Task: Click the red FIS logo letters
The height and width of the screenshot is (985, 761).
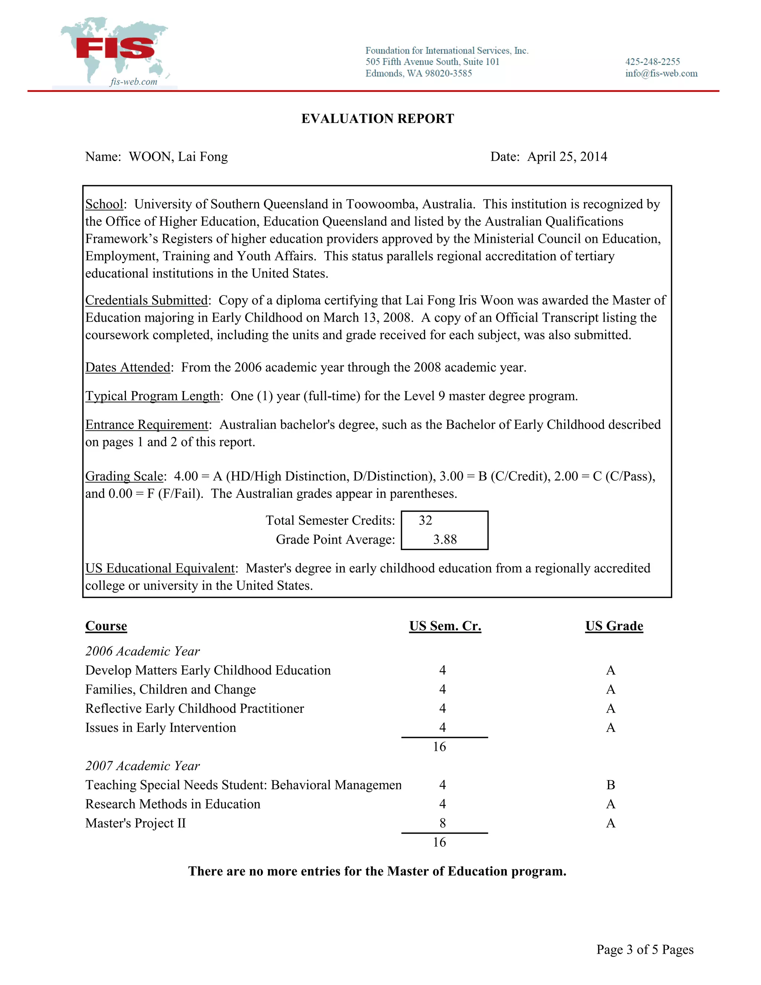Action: click(115, 49)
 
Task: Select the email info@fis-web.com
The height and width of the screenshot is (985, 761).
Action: click(661, 74)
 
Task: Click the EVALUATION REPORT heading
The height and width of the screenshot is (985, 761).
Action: click(378, 119)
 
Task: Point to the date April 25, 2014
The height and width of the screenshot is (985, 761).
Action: click(567, 156)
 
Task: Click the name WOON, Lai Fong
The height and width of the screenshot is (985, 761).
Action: click(178, 156)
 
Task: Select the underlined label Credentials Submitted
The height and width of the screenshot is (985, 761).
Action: click(146, 300)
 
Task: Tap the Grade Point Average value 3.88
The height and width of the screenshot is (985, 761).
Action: click(444, 539)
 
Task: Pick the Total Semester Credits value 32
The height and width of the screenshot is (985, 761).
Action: click(425, 520)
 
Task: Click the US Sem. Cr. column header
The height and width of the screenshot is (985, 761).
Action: click(445, 626)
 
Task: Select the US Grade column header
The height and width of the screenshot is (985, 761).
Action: click(613, 626)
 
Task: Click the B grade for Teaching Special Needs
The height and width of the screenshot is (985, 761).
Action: click(611, 785)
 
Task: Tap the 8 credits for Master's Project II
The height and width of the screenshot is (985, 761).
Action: click(442, 824)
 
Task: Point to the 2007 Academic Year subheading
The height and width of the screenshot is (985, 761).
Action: click(142, 766)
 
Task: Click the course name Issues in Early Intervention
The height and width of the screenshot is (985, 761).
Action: click(161, 727)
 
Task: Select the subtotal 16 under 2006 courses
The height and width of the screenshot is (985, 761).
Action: click(439, 747)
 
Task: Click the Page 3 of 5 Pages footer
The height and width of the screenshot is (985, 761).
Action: click(645, 949)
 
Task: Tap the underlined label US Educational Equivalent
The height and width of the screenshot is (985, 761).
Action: click(160, 568)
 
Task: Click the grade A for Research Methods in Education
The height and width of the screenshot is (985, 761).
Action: click(611, 804)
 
